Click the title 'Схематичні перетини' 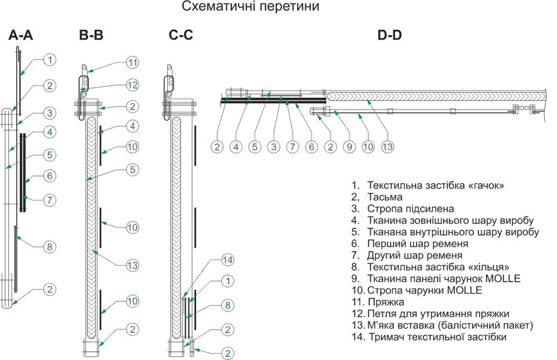(x=251, y=8)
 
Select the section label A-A (x=21, y=35)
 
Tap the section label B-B (x=91, y=35)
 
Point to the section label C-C (x=181, y=35)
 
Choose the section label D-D (x=390, y=35)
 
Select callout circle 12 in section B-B (x=132, y=85)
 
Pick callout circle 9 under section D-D (x=349, y=147)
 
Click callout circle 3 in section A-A (x=50, y=112)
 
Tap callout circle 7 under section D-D (x=292, y=147)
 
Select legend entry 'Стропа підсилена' (x=410, y=209)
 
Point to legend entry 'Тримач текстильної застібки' (x=436, y=336)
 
